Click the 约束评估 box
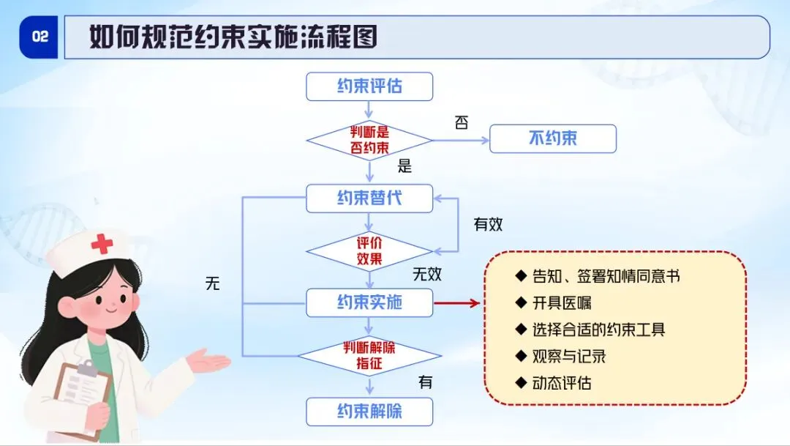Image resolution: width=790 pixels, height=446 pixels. pos(369,86)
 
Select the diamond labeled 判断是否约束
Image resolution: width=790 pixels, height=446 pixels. pos(369,141)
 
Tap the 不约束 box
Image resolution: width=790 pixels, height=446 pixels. pos(553,138)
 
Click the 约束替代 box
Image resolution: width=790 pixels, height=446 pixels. pos(369,198)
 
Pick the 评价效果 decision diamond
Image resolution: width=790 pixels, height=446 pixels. pos(369,251)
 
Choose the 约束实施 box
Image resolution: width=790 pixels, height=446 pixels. pos(369,302)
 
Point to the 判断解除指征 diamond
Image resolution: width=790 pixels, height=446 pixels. pos(370,356)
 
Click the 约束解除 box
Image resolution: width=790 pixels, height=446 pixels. pos(369,412)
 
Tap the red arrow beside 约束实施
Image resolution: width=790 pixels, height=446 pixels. pos(456,303)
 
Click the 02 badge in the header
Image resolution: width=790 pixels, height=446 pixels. pos(39,37)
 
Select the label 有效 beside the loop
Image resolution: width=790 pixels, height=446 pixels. pos(488,225)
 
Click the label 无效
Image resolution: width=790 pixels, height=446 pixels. pos(426,274)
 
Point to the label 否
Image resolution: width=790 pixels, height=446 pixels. pos(461,122)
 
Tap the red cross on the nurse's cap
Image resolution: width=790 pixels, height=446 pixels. pos(102,244)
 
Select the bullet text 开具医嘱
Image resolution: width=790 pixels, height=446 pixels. pos(561,303)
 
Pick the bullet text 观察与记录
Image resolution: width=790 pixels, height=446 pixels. pos(569,357)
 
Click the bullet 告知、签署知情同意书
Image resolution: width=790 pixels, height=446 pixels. pos(606,277)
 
